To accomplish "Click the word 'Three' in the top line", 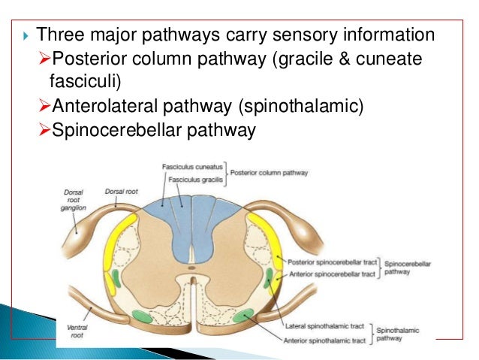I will tap(55, 35).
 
